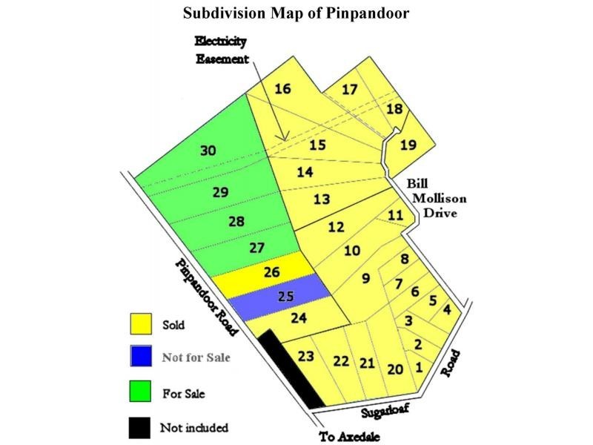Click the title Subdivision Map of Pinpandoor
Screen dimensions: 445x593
pos(296,15)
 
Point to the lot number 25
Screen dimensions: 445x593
pos(285,297)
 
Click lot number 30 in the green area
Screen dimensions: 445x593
pos(209,151)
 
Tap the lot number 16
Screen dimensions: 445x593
pos(282,89)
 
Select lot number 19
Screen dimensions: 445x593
pos(408,145)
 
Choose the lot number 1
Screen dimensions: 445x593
pos(420,366)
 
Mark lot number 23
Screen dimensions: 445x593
pos(306,356)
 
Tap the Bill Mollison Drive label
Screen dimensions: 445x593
pos(434,198)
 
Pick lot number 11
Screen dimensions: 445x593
pos(396,215)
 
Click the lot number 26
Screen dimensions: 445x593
pos(271,272)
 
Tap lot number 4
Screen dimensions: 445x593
pos(446,310)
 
